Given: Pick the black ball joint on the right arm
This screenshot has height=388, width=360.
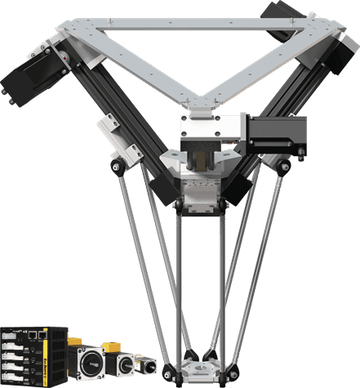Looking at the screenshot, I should click(283, 167).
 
